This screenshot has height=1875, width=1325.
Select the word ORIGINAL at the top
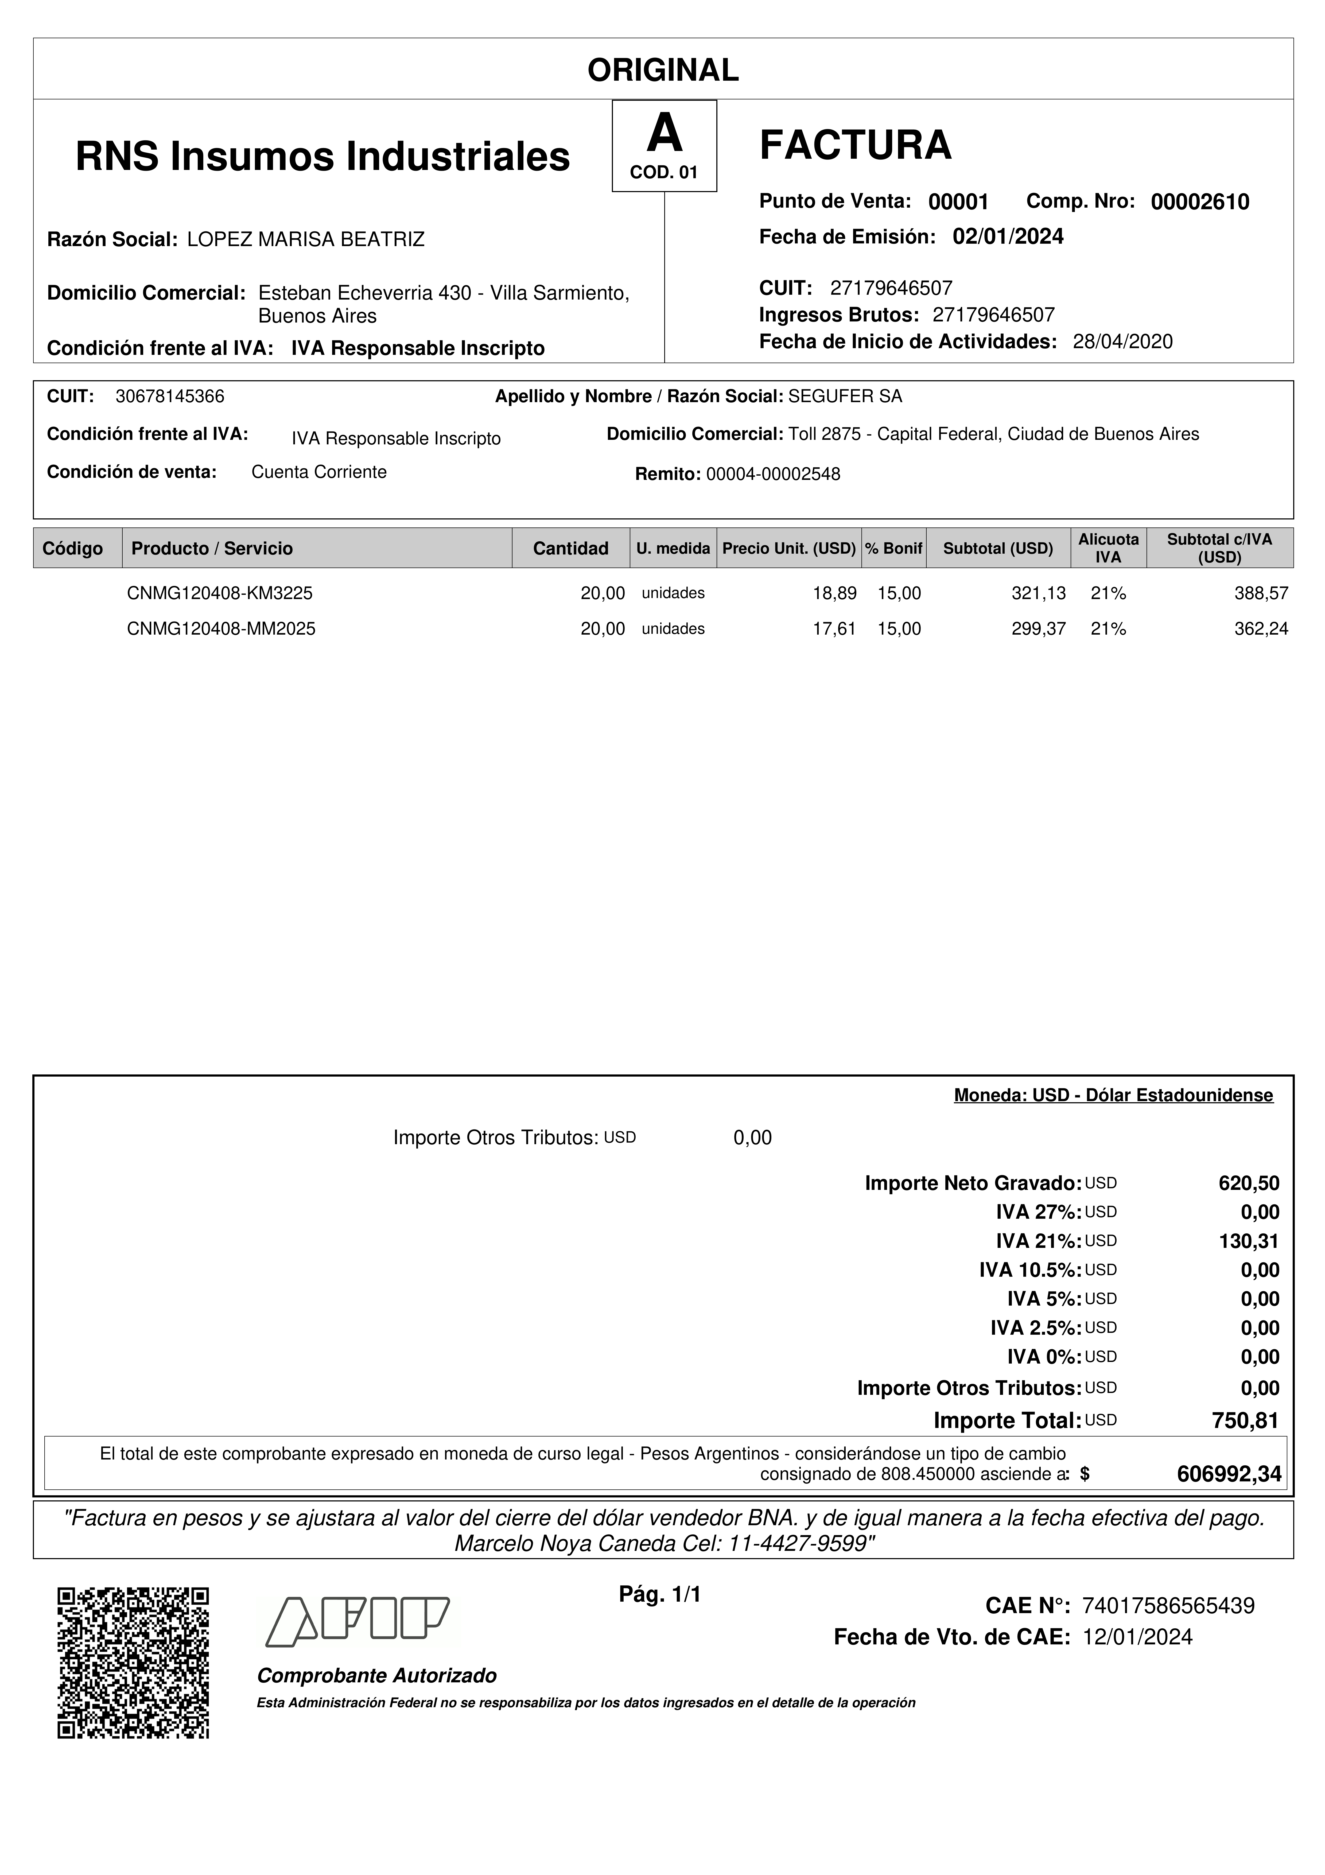tap(663, 70)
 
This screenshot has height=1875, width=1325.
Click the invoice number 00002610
tap(1199, 202)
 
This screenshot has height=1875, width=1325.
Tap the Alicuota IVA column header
tap(1108, 548)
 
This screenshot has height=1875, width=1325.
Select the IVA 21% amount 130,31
tap(1248, 1241)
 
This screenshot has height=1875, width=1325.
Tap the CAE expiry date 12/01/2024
tap(1137, 1637)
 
